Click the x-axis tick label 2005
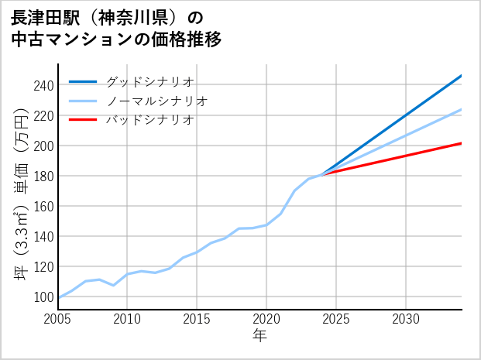[x=58, y=319]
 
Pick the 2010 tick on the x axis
[x=128, y=319]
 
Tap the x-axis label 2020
[x=266, y=319]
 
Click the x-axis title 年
[x=259, y=336]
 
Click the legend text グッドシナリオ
[x=149, y=81]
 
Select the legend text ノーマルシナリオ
[x=156, y=101]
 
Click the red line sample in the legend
[x=83, y=120]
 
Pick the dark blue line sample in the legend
[x=83, y=81]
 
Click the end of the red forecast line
[x=462, y=143]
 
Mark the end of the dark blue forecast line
[x=462, y=75]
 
